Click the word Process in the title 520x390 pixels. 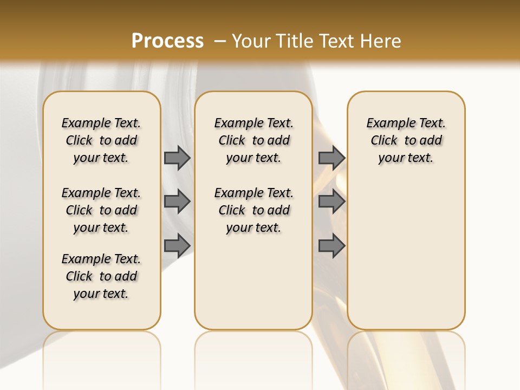coord(167,41)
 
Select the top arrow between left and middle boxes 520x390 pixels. coord(177,158)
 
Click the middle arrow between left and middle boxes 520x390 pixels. coord(177,201)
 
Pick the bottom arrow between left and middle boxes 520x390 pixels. coord(177,245)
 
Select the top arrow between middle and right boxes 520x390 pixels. coord(331,158)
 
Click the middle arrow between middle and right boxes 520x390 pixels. coord(331,201)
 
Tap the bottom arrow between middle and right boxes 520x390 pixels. coord(331,245)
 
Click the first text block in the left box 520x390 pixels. coord(101,140)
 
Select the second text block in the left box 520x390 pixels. coord(101,210)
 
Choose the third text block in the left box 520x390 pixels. coord(101,276)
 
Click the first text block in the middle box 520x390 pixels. coord(254,140)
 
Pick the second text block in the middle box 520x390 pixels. coord(254,210)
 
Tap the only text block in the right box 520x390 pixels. coord(406,140)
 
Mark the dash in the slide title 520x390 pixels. coord(219,41)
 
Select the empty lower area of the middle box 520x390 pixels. coord(254,282)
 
